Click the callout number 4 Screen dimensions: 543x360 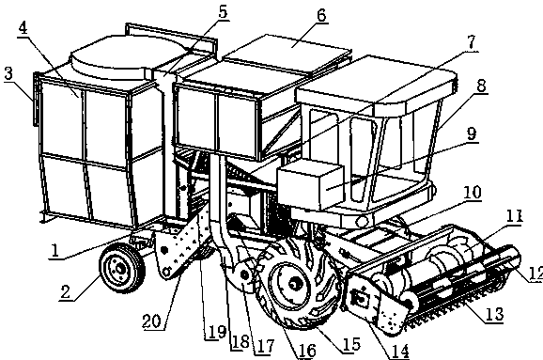coord(23,28)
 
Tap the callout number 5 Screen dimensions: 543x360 coord(223,12)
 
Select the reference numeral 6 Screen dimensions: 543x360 coord(321,15)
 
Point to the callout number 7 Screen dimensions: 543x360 coord(471,42)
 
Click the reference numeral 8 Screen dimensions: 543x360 coord(481,86)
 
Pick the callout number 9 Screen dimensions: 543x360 coord(472,133)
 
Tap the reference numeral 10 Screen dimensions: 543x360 coord(472,193)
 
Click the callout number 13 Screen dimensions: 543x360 coord(494,314)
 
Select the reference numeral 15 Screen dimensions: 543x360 coord(351,344)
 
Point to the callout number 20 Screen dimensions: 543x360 coord(151,321)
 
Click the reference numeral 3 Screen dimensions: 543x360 coord(8,74)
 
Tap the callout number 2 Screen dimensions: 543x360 coord(65,291)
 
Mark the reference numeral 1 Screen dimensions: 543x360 coord(54,250)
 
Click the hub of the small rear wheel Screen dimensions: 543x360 coord(120,269)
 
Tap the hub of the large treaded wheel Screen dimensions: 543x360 coord(294,285)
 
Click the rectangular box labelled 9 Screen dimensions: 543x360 coord(311,186)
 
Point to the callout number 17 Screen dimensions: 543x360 coord(265,346)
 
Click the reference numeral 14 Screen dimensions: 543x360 coord(399,351)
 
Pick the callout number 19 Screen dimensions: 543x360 coord(217,332)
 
